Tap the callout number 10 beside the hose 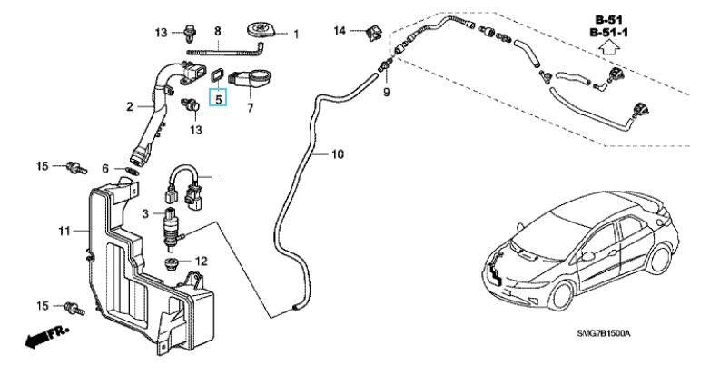[x=337, y=154]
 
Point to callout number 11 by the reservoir [x=64, y=232]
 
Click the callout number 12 [x=202, y=261]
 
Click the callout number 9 [x=385, y=93]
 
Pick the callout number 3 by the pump [x=145, y=212]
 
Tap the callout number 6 [x=105, y=169]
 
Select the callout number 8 [x=218, y=32]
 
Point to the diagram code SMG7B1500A [x=603, y=334]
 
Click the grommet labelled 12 [x=172, y=264]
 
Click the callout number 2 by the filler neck [x=131, y=107]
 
